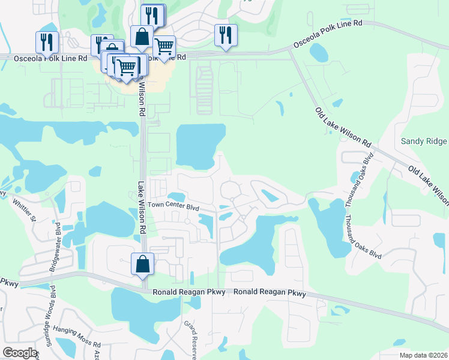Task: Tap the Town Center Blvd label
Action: pos(173,206)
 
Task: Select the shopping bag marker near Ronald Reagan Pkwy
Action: pos(142,264)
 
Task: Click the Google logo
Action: pos(20,353)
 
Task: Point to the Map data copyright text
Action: pos(423,355)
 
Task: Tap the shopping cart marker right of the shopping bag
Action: pos(163,47)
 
